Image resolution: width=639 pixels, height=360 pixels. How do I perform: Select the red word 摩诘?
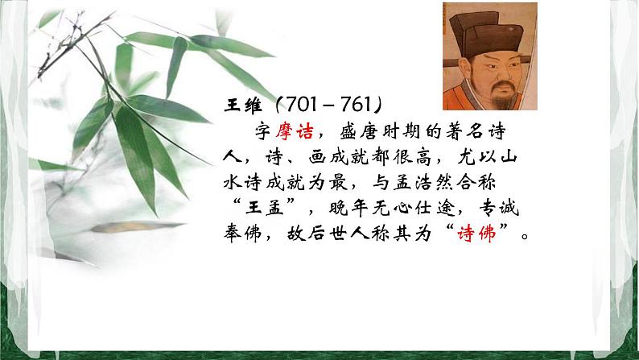coord(299,130)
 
